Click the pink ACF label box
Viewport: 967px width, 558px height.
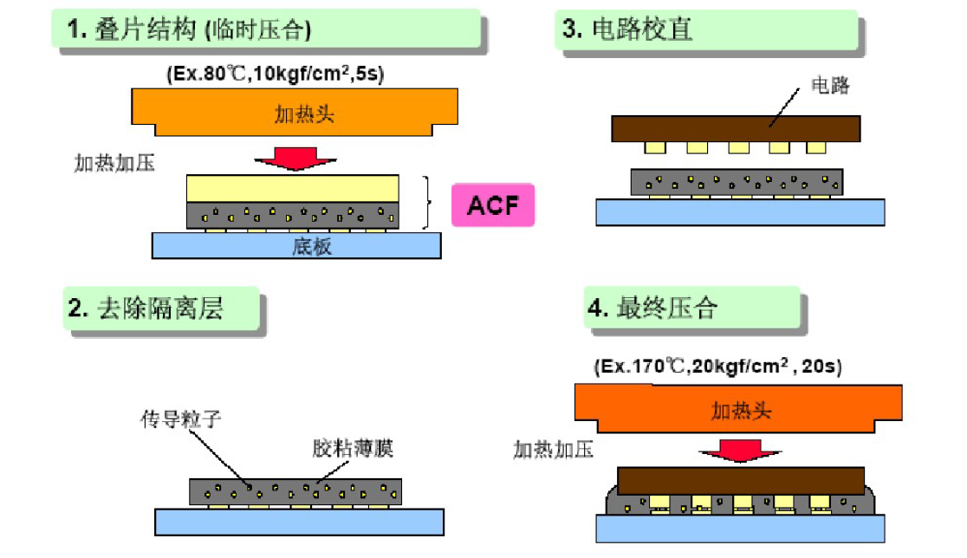[x=492, y=205]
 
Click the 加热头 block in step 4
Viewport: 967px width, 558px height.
[x=738, y=407]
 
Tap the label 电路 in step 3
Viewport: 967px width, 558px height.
[x=829, y=85]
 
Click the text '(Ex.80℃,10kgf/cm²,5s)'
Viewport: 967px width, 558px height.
[x=276, y=74]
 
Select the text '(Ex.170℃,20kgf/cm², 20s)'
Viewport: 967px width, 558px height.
[x=717, y=367]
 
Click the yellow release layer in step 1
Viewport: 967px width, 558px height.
[x=293, y=187]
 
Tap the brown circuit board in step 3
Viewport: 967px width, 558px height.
[x=736, y=129]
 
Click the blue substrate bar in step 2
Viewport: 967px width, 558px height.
[x=299, y=521]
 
